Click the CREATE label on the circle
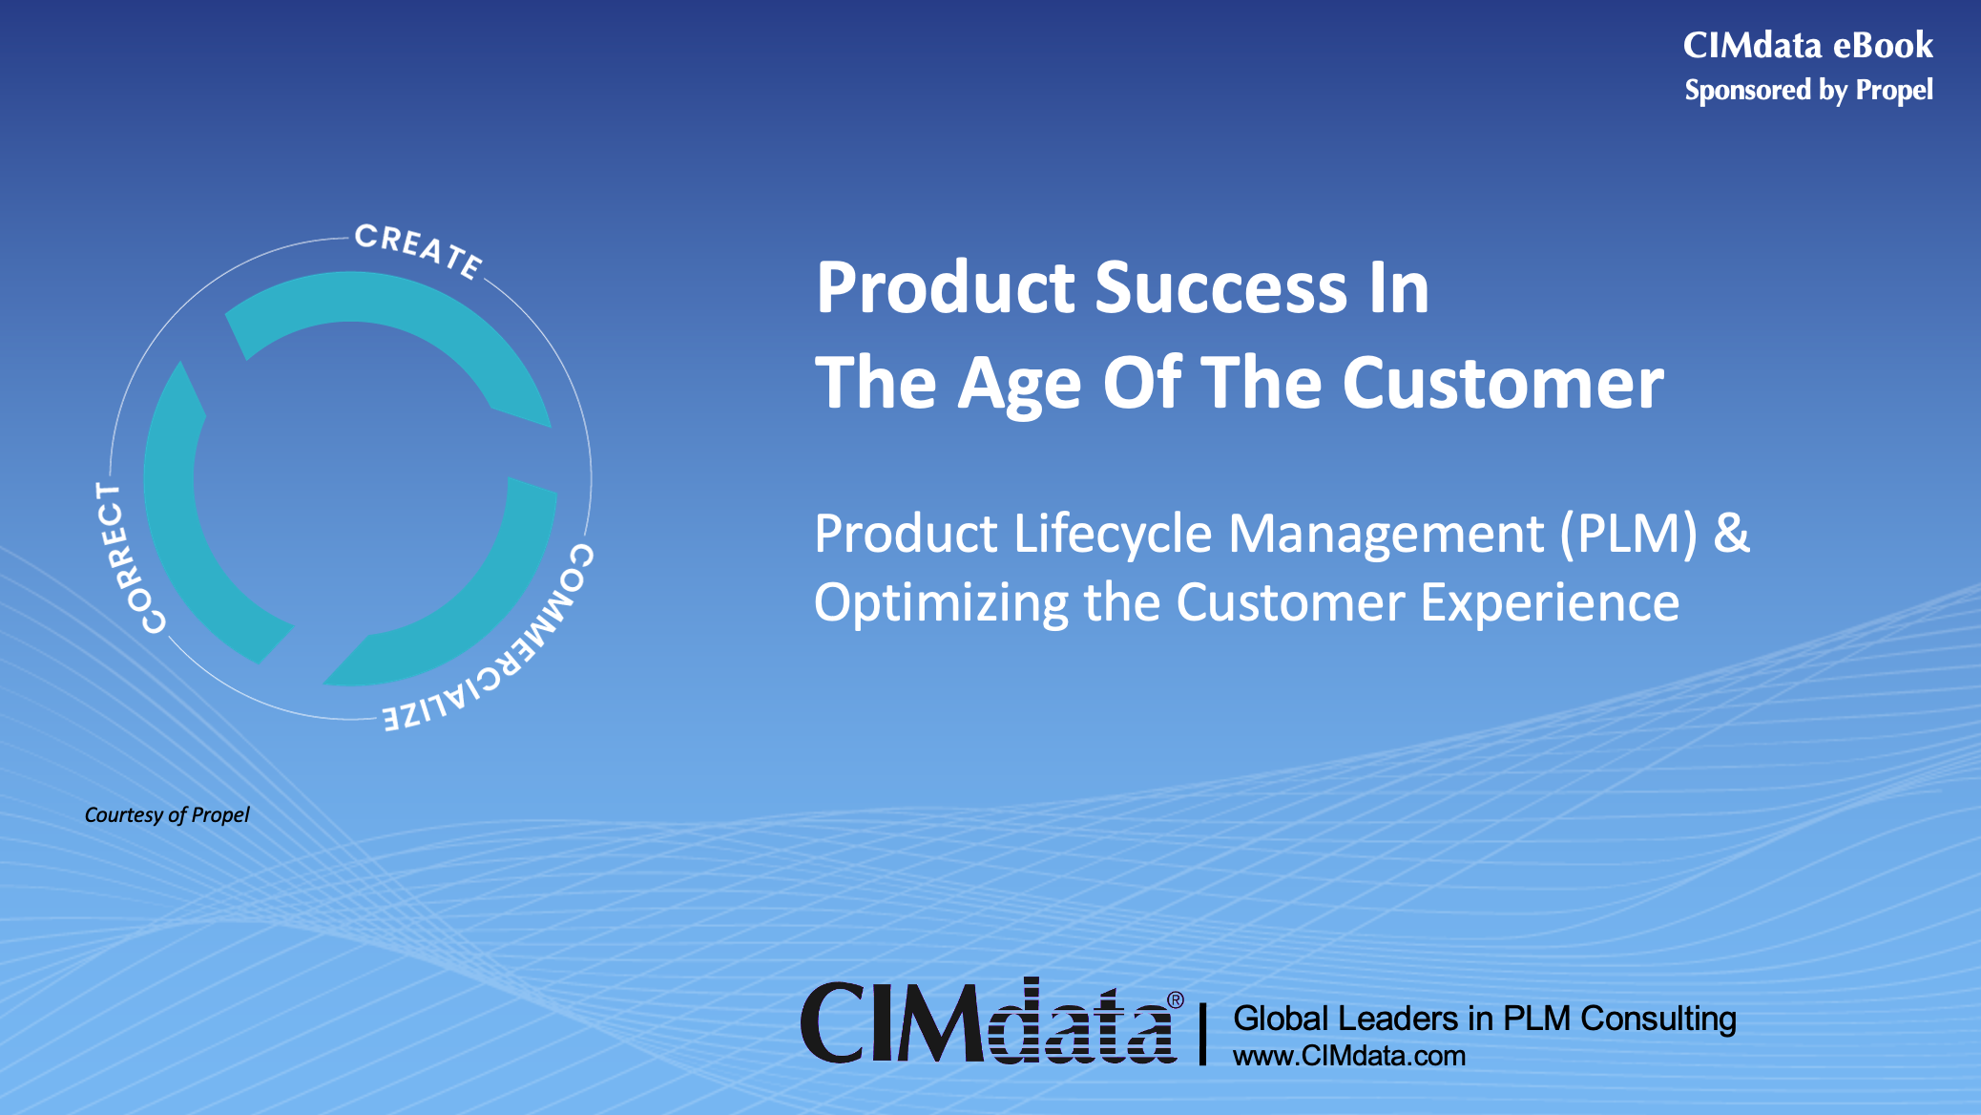[418, 250]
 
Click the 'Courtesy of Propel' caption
[167, 814]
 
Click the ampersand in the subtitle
[1732, 532]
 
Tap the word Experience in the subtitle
[1550, 603]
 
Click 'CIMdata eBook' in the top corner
[1808, 45]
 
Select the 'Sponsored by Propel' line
[1809, 90]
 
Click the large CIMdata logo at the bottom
[990, 1020]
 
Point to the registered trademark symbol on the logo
[1175, 999]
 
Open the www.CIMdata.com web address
[1349, 1056]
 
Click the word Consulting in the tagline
[1658, 1019]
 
